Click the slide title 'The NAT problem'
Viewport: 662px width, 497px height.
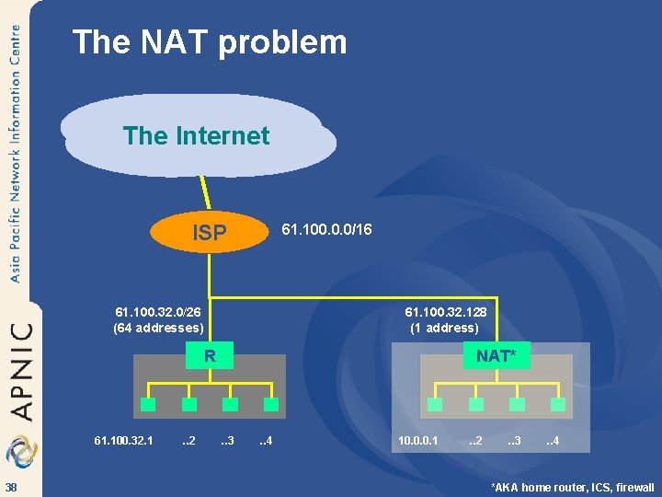point(210,42)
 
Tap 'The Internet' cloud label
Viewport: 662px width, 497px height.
point(196,136)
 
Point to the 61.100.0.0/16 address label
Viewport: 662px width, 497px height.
point(326,227)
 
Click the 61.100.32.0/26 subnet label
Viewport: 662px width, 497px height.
point(157,312)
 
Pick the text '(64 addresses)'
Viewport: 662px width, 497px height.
point(157,328)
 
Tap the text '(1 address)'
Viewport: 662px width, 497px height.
point(445,328)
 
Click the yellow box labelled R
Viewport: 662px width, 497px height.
point(210,355)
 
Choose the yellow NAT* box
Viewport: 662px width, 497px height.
point(496,356)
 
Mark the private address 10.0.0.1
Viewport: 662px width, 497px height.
point(418,442)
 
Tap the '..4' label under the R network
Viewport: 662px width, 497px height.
point(264,442)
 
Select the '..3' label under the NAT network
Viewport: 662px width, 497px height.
point(513,442)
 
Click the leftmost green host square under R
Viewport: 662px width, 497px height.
point(147,405)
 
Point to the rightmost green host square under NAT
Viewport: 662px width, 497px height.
point(557,405)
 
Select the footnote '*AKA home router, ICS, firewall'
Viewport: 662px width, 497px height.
point(572,487)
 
